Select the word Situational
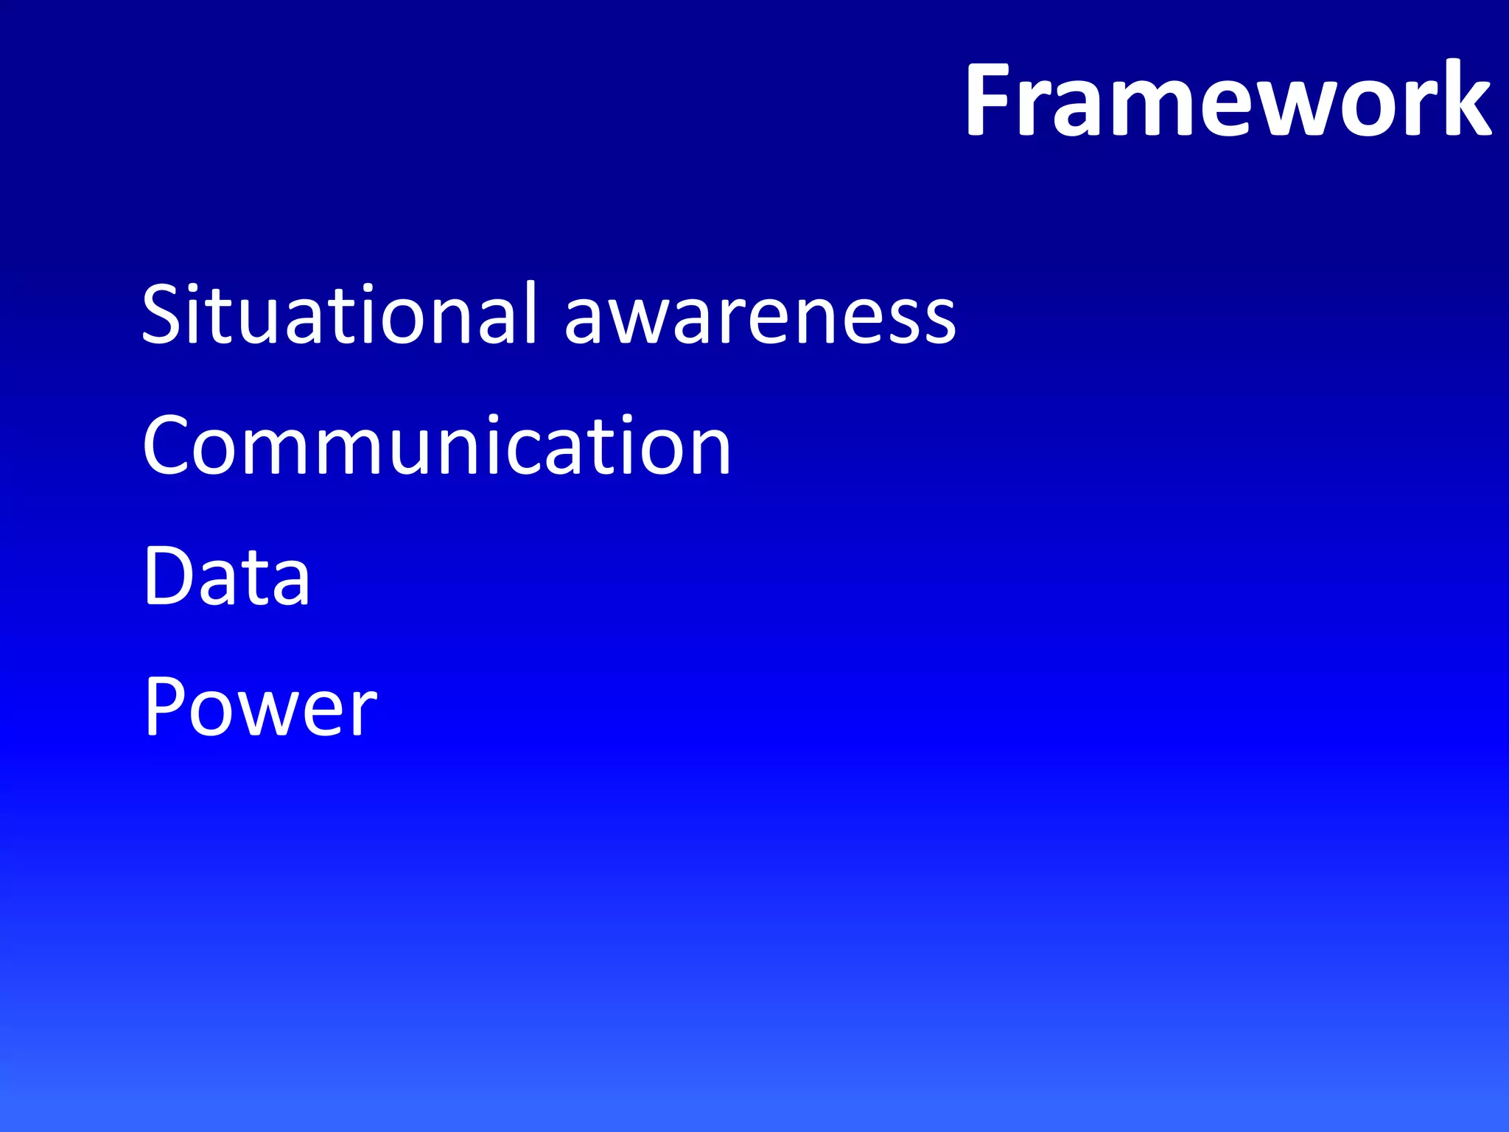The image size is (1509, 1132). pyautogui.click(x=340, y=314)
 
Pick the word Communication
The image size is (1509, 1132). pyautogui.click(x=436, y=445)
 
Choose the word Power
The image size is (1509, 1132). pyautogui.click(x=260, y=707)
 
